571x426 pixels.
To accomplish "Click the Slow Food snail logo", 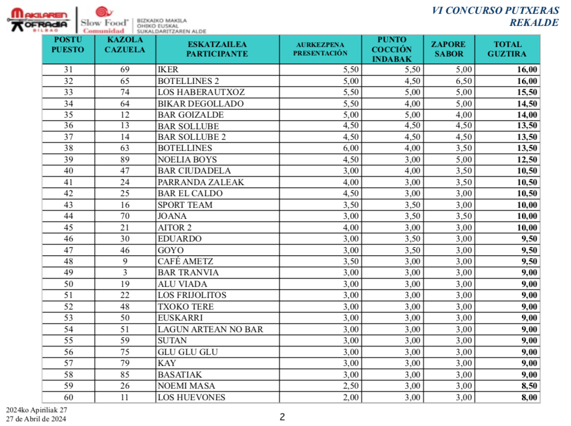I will pos(104,12).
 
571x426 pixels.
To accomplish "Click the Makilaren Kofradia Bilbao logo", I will pos(38,20).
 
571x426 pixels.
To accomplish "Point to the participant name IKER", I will pos(168,70).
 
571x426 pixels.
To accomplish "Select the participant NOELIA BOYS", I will pos(187,160).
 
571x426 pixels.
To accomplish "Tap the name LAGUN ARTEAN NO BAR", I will pos(210,330).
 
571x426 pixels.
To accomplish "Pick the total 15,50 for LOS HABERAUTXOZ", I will pos(527,92).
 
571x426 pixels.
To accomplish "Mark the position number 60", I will pos(68,398).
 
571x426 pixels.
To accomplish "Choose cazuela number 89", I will pos(125,160).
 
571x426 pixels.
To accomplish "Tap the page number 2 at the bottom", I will pos(282,417).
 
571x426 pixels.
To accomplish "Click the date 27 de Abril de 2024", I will pos(36,419).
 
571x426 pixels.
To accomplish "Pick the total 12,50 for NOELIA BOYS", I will pos(527,160).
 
